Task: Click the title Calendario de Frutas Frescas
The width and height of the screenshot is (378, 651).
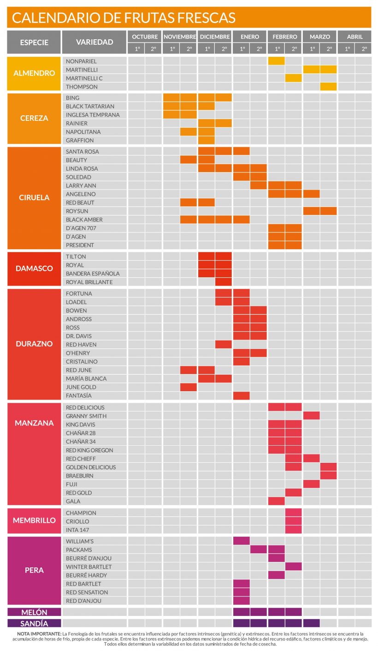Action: pos(124,18)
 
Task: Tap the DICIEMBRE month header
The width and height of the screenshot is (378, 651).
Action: pos(215,36)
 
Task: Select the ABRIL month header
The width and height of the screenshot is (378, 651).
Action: pos(354,36)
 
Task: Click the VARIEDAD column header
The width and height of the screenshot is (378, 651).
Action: pos(94,42)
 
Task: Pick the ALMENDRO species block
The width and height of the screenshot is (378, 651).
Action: pos(34,73)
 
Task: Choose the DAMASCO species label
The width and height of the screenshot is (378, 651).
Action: pos(34,269)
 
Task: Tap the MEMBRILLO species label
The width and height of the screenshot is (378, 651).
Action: pos(34,521)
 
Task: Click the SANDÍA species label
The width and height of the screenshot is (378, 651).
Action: pos(34,623)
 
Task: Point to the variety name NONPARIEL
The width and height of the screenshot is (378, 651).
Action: pos(81,61)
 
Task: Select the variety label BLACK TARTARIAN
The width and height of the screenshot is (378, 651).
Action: pos(90,106)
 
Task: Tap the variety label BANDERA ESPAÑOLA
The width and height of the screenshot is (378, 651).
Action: pos(93,274)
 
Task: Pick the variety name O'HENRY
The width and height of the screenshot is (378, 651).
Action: pos(78,353)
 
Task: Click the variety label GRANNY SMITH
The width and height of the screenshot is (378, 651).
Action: pos(86,416)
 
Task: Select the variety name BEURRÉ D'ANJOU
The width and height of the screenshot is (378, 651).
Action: pos(89,558)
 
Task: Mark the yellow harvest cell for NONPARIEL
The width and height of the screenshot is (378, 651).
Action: pos(276,61)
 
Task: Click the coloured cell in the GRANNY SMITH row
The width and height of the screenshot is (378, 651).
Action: pos(311,416)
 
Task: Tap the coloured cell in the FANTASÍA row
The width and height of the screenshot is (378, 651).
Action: pos(241,395)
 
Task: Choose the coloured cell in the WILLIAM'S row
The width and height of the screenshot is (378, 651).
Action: pos(241,541)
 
